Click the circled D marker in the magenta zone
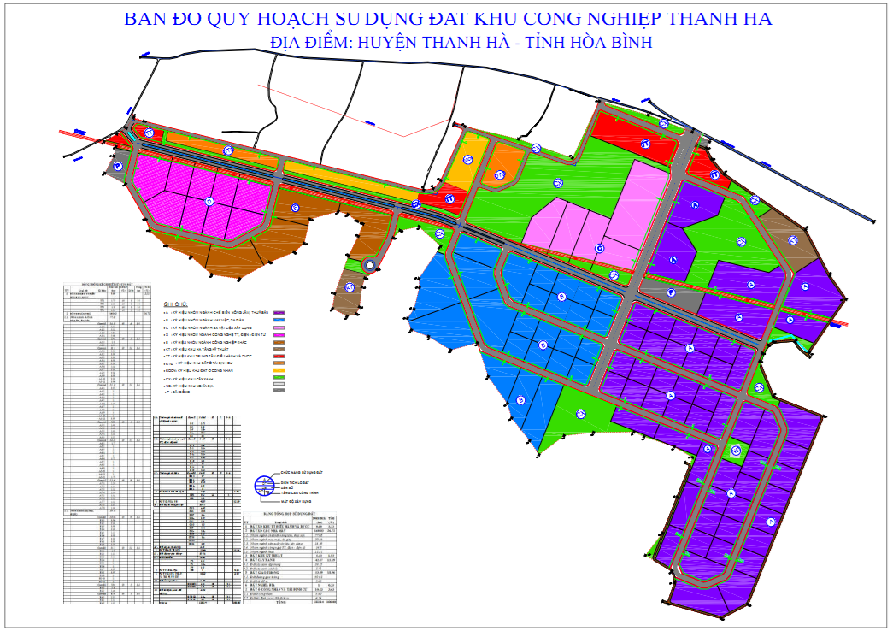pos(209,201)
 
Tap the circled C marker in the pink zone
pos(599,249)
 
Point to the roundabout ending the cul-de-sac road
pos(369,266)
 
